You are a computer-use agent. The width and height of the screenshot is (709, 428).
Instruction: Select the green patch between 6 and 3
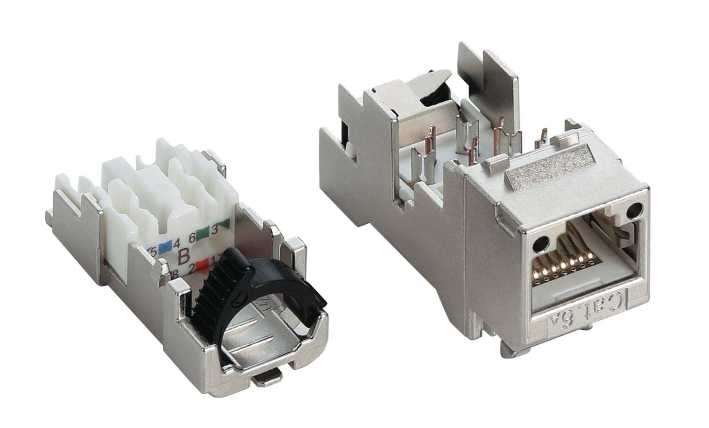point(202,233)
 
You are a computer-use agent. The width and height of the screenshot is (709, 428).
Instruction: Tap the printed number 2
point(192,269)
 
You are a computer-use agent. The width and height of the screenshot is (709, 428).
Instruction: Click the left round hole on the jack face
point(538,244)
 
